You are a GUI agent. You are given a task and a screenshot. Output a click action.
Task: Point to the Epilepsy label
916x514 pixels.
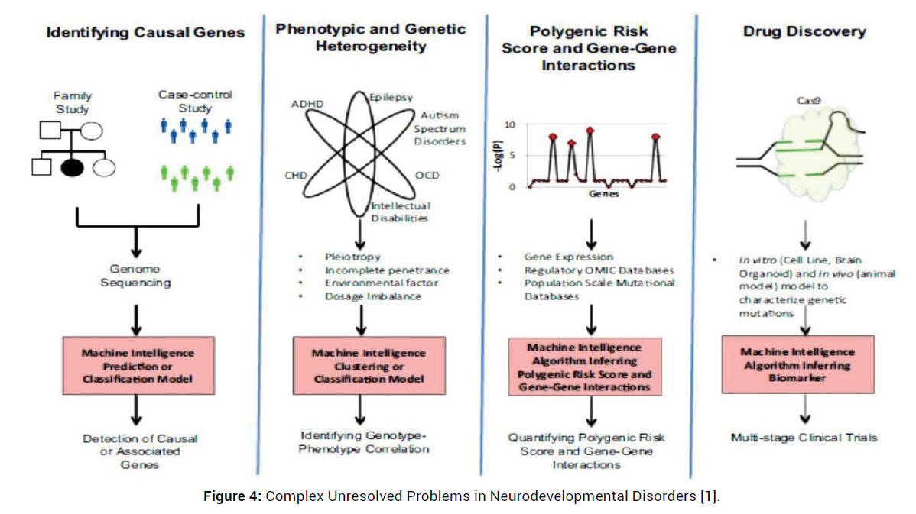coord(391,98)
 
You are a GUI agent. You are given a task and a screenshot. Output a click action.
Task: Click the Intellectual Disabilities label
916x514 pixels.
coord(401,212)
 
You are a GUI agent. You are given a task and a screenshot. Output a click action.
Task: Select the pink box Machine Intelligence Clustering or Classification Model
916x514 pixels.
coord(368,366)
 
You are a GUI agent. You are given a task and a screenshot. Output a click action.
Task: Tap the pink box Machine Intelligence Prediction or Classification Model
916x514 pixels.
coord(138,366)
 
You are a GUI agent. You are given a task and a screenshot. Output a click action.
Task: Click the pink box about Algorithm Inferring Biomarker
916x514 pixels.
coord(797,365)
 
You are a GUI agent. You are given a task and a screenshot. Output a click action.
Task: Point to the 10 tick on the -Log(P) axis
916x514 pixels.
coord(510,124)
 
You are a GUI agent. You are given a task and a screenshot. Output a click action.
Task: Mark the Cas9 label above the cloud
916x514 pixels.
coord(801,100)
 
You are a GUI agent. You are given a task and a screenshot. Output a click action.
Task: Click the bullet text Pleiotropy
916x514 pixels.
coord(352,257)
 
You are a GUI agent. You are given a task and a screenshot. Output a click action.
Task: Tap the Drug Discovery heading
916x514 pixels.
coord(804,32)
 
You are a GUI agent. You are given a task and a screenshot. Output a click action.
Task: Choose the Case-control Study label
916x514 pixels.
coord(195,100)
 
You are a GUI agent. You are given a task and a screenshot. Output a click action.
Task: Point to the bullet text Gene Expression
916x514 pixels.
coord(568,257)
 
